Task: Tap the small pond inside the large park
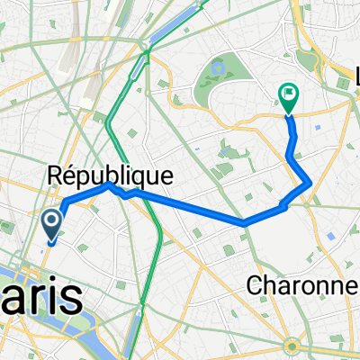[218, 67]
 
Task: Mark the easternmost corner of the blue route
[310, 184]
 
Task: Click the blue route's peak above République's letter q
[109, 184]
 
